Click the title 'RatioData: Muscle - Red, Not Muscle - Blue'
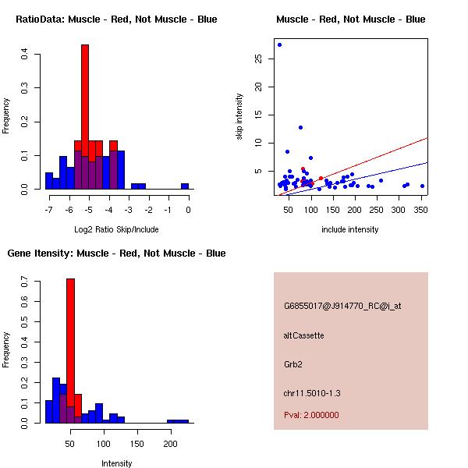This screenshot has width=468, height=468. [116, 19]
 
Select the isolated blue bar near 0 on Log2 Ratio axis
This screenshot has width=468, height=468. [185, 186]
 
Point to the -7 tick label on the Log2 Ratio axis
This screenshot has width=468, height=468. [48, 210]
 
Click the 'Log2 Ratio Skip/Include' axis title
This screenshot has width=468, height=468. [116, 229]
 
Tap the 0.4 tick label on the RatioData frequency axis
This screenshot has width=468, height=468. [26, 55]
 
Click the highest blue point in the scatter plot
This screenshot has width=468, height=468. [279, 44]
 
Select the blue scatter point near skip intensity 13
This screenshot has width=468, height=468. [300, 127]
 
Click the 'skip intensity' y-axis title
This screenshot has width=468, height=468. [239, 117]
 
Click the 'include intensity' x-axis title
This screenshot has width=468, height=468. [350, 229]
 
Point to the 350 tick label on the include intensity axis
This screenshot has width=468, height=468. [422, 210]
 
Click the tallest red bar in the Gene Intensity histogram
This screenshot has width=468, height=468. [70, 351]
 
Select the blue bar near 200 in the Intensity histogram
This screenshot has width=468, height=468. [177, 421]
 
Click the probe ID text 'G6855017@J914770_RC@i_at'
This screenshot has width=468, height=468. [342, 307]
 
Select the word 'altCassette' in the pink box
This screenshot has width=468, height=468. [303, 335]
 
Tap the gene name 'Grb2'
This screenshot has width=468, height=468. [292, 364]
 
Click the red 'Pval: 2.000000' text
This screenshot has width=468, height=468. [311, 415]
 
